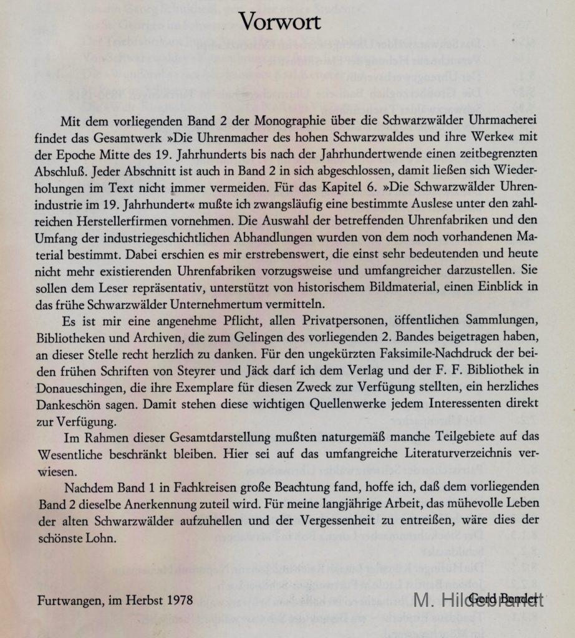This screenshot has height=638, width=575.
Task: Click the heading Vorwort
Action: click(279, 22)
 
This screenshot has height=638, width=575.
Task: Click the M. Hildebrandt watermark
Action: click(479, 601)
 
